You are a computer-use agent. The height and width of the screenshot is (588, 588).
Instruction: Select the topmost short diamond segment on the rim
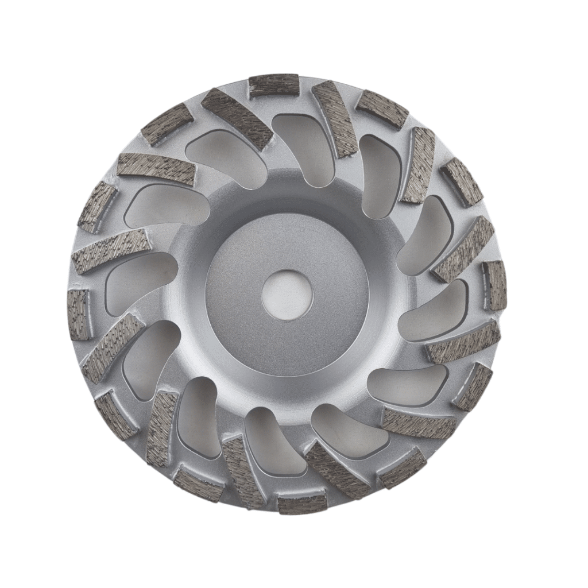pos(274,86)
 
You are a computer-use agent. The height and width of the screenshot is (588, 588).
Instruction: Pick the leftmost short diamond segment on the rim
pos(78,314)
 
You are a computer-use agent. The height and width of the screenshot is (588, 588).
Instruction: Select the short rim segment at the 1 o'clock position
pos(382,109)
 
